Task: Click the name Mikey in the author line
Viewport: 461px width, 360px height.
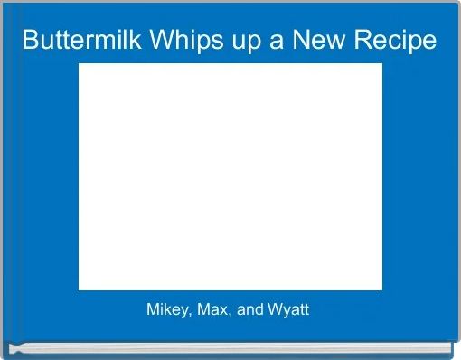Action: click(x=164, y=310)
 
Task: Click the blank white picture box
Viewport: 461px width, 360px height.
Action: click(x=230, y=176)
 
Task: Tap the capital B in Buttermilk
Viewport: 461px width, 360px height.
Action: click(x=29, y=41)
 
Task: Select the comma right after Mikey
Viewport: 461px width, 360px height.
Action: click(x=184, y=315)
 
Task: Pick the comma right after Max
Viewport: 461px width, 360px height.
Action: click(x=221, y=315)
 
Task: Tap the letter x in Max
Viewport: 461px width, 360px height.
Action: click(x=215, y=311)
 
